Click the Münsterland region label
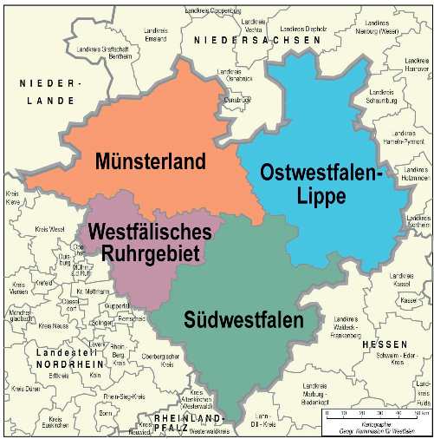tap(151, 161)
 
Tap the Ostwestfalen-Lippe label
tap(321, 183)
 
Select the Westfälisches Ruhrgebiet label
tap(144, 243)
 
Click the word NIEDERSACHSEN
tap(251, 41)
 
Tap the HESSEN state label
tap(379, 344)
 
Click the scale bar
tap(373, 415)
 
